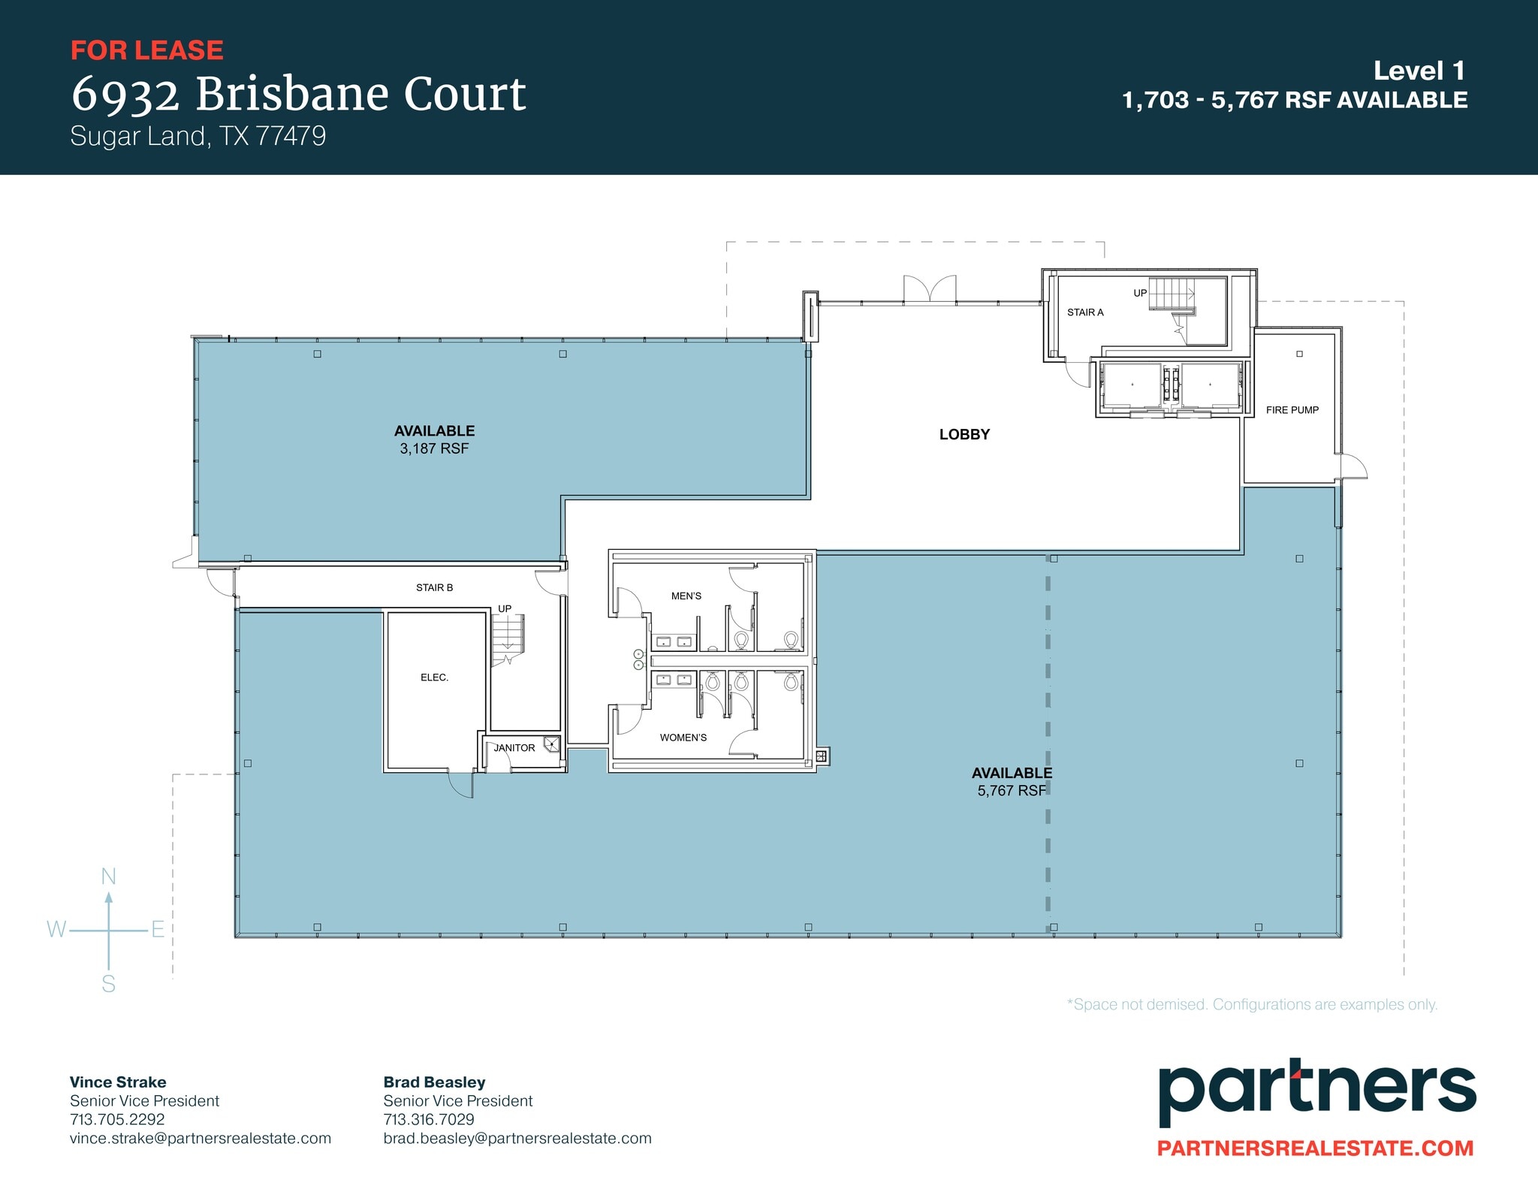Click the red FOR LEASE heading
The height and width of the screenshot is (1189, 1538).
(x=146, y=50)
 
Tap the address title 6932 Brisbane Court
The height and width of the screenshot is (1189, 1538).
(x=298, y=95)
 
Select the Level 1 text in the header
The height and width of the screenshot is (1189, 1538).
(x=1419, y=71)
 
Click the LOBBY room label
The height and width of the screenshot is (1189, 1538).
(x=964, y=434)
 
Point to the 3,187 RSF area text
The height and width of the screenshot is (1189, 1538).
(x=434, y=448)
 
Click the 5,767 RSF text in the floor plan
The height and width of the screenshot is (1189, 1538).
(x=1011, y=790)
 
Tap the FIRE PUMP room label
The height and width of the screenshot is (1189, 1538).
(x=1292, y=410)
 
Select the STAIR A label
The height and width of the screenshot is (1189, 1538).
(x=1085, y=312)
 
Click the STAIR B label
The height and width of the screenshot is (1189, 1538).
(x=434, y=587)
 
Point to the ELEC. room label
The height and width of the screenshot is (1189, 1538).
(x=434, y=677)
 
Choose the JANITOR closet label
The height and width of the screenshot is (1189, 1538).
(x=514, y=748)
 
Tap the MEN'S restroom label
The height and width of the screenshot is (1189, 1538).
(x=686, y=596)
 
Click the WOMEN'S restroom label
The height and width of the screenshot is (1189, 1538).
(x=683, y=738)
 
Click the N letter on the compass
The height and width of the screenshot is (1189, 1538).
(x=108, y=877)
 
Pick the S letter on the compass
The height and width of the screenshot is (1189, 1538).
(x=108, y=984)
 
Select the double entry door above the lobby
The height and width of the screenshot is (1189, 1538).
(x=930, y=290)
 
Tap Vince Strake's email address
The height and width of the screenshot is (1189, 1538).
(x=201, y=1138)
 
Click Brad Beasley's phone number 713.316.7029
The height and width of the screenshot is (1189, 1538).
(x=428, y=1119)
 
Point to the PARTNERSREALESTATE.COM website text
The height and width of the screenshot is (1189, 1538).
(x=1315, y=1148)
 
